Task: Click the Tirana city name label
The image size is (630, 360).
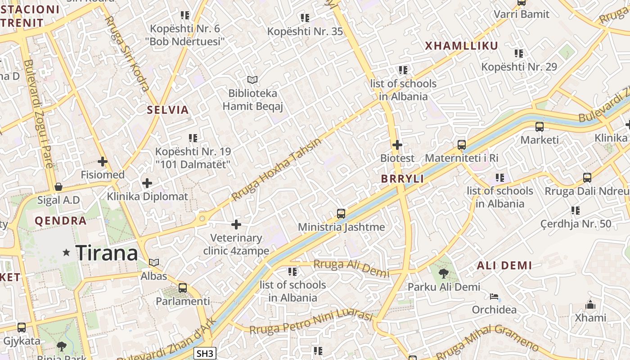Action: pos(107,253)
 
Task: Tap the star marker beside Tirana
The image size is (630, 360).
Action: pos(67,252)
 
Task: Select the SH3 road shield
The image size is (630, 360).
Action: pos(205,353)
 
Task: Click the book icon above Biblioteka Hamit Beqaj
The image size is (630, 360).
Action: pos(252,80)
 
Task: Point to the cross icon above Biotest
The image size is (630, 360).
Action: pos(397,145)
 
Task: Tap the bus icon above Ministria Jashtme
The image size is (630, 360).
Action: pos(341,214)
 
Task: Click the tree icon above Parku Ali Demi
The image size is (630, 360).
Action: pos(444,273)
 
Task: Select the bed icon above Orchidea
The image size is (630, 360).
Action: pos(494,297)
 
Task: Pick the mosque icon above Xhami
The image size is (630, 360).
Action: pos(590,305)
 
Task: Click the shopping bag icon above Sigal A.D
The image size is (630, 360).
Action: pos(58,187)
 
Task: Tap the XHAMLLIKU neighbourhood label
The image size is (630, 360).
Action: pos(462,46)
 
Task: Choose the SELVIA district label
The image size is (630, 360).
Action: pos(168,110)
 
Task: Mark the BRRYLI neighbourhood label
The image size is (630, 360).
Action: pos(402,179)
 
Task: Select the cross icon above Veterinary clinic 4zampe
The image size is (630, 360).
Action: pos(236,225)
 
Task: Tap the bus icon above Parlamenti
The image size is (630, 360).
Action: pos(183,288)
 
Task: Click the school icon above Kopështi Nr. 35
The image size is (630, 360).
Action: pos(305,18)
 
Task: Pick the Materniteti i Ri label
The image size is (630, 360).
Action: pos(462,158)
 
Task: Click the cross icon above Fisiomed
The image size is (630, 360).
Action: pos(103,161)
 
